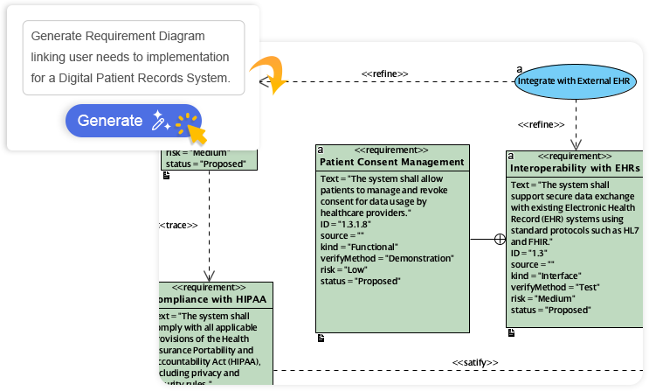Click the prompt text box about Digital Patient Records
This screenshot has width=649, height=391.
click(133, 58)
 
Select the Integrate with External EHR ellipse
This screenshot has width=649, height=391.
click(573, 81)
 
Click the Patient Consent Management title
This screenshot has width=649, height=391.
click(391, 162)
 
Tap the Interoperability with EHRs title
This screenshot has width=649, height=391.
click(574, 167)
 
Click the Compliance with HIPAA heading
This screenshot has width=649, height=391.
click(215, 300)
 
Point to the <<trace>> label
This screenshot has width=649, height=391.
click(179, 226)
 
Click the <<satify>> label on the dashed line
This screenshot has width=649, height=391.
click(474, 362)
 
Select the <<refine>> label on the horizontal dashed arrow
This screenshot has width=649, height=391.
click(384, 73)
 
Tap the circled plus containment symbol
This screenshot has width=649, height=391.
click(501, 239)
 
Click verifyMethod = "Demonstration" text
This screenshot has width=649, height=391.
click(387, 258)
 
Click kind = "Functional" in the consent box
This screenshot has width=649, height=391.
click(359, 247)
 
